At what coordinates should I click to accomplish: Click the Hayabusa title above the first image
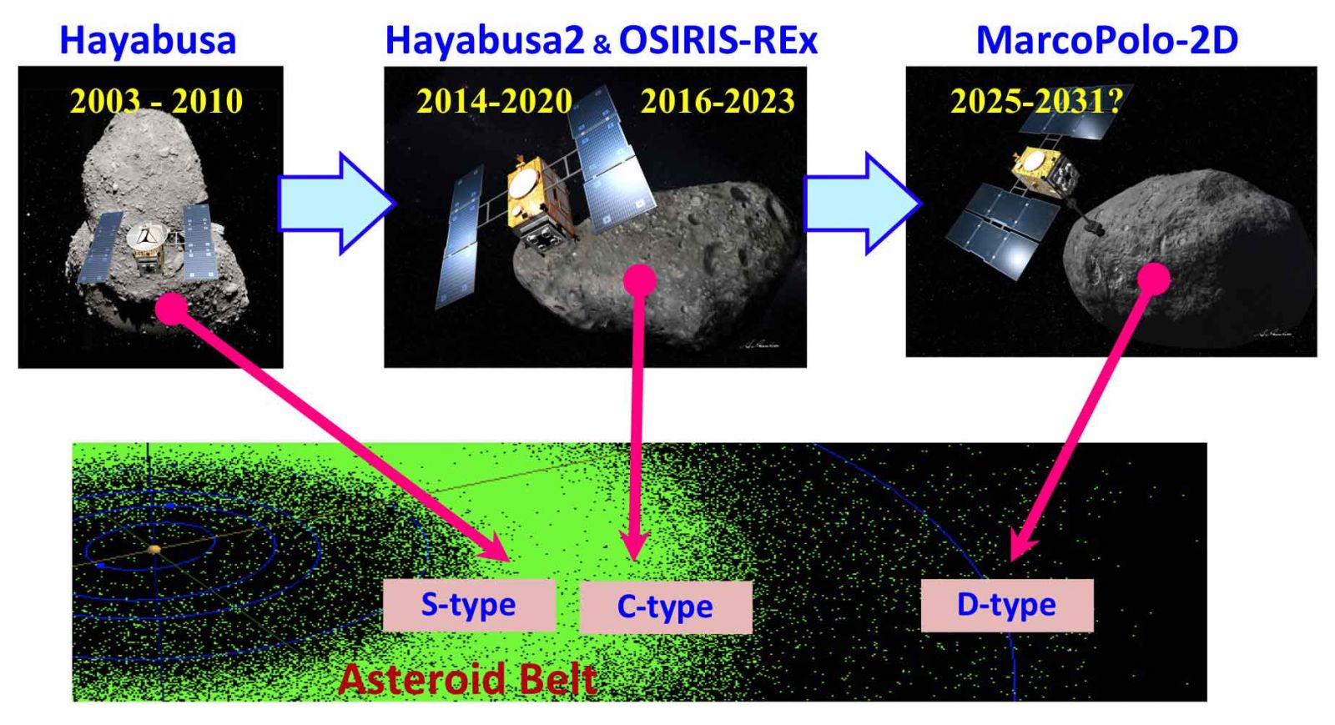148,41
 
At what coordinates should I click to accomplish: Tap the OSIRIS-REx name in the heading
718,41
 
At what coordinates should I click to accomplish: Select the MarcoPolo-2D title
1107,41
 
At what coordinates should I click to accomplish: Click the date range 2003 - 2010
156,101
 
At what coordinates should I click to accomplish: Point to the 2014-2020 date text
494,101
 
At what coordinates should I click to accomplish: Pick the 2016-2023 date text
718,101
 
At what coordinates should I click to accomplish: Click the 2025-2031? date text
1036,101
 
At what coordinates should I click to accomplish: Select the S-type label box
469,605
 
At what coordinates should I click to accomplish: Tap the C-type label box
666,607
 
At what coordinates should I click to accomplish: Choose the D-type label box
1007,605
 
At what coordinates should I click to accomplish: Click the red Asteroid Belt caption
468,679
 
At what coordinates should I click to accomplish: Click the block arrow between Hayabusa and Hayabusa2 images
336,203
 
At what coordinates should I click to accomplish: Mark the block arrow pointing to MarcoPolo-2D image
863,203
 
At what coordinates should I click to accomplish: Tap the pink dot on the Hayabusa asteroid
172,309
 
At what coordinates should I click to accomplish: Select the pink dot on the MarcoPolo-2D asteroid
1154,279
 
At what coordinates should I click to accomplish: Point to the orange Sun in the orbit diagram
154,549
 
